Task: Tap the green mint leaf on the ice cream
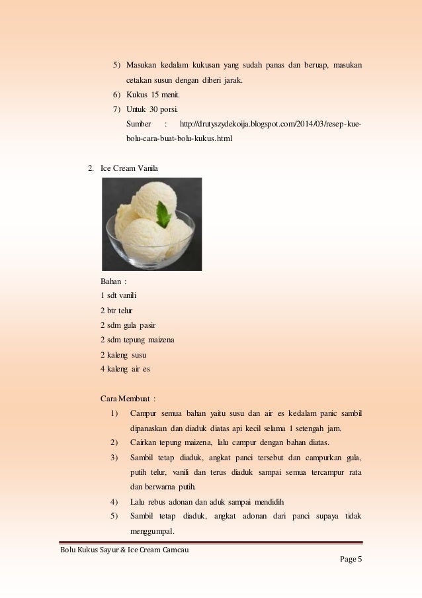coord(163,214)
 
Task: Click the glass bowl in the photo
coord(151,248)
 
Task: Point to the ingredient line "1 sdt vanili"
coord(119,295)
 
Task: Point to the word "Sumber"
coord(138,125)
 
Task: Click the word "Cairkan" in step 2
coord(145,442)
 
